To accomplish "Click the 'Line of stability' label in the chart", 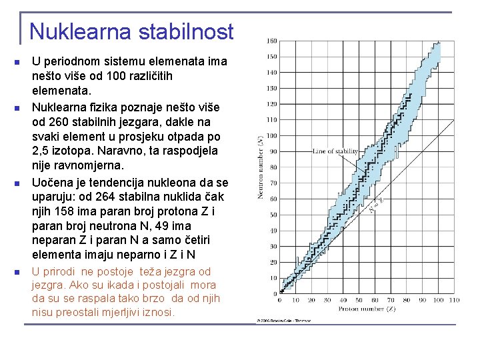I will [336, 152].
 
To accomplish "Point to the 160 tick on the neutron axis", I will [272, 41].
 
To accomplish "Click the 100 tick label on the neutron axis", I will [272, 135].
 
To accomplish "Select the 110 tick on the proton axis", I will [453, 301].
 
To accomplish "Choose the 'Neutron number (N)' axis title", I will [260, 167].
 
